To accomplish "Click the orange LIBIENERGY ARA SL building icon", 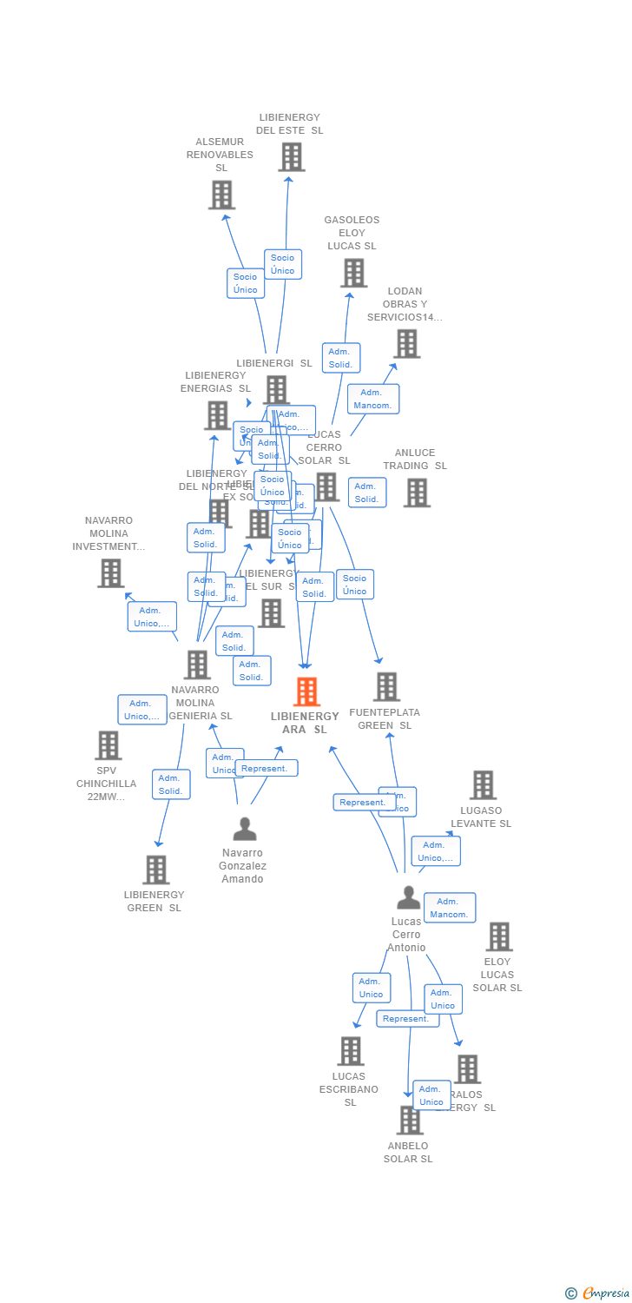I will click(306, 691).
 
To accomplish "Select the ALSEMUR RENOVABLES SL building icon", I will click(221, 195).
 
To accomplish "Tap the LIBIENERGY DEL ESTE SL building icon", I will click(291, 157).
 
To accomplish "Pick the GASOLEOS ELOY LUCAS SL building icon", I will click(353, 273).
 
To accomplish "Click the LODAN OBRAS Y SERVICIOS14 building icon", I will click(406, 344).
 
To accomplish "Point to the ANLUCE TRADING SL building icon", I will click(417, 493).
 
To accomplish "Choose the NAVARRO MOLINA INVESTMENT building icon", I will click(110, 573).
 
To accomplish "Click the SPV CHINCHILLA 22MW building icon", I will click(108, 745).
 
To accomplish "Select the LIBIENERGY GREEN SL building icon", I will click(155, 870).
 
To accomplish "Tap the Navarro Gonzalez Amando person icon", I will click(245, 830).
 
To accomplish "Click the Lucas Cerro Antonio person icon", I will click(408, 898).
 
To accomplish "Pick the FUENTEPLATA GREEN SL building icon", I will click(386, 686).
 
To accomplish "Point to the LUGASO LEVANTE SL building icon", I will click(483, 785).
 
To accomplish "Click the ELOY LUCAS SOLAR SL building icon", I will click(499, 936).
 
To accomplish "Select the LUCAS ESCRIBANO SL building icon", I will click(350, 1051).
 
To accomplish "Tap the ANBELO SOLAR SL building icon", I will click(410, 1120).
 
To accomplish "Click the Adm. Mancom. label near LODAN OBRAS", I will click(373, 399).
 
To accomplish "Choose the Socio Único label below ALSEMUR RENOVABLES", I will click(246, 283).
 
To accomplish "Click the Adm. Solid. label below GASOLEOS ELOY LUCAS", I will click(340, 358).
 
